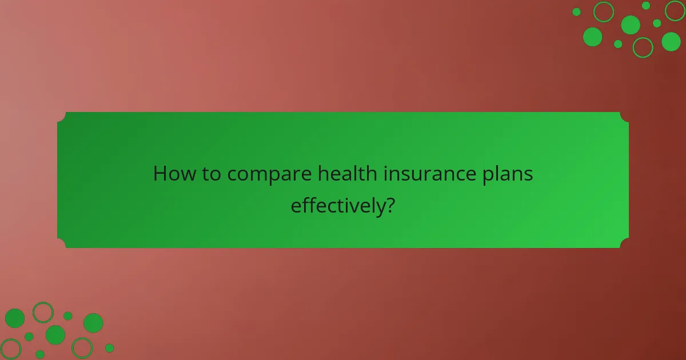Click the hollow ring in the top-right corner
(x=675, y=10)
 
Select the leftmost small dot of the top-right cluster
(x=576, y=12)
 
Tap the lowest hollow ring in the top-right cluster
(x=643, y=47)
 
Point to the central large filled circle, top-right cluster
(x=631, y=25)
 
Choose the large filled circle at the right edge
(x=671, y=41)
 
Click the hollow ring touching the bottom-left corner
(x=10, y=349)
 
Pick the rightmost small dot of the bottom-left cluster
(x=109, y=348)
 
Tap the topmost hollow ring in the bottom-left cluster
(x=43, y=313)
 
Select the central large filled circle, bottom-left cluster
(x=55, y=335)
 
